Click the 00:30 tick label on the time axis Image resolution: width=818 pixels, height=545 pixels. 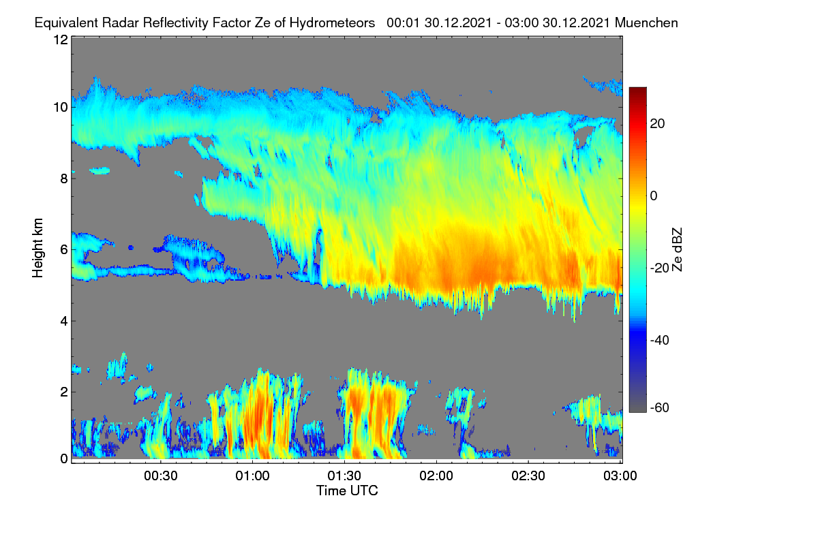click(x=161, y=476)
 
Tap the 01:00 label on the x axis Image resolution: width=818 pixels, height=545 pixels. click(x=253, y=476)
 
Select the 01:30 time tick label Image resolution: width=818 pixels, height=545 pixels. click(x=344, y=476)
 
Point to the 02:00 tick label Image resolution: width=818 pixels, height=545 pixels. click(x=436, y=476)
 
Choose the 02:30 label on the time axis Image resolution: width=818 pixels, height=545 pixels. click(x=528, y=476)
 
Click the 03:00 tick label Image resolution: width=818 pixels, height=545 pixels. click(x=620, y=476)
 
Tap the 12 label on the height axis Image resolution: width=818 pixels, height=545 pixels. click(x=61, y=40)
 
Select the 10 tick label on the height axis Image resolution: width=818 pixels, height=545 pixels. click(x=61, y=108)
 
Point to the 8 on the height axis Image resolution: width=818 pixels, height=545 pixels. click(x=64, y=178)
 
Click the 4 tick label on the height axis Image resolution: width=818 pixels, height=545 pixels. click(x=64, y=322)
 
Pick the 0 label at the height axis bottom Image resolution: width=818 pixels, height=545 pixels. click(x=64, y=458)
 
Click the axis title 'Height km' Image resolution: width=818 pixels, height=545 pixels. click(x=37, y=248)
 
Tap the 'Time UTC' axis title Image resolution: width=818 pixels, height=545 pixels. click(x=347, y=490)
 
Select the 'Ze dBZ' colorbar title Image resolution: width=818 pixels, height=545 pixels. click(x=677, y=250)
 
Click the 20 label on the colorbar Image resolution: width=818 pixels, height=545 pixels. click(x=657, y=124)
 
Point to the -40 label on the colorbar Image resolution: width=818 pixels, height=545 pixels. click(x=660, y=340)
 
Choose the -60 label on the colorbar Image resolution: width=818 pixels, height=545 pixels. click(x=660, y=407)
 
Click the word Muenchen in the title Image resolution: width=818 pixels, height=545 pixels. click(x=646, y=23)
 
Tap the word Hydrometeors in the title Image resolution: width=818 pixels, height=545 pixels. click(x=333, y=23)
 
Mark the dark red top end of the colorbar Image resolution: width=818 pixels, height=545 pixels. click(x=637, y=89)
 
